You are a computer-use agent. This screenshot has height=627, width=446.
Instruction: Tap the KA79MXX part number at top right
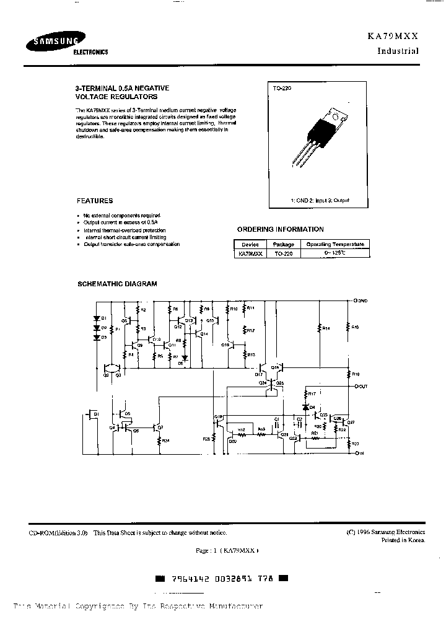coord(398,37)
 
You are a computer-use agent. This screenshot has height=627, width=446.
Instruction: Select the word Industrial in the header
coord(398,51)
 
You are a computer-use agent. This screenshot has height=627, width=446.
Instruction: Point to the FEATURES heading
coord(95,201)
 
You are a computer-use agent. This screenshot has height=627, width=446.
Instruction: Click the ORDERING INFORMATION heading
coord(281,229)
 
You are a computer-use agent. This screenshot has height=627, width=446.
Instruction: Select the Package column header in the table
coord(284,244)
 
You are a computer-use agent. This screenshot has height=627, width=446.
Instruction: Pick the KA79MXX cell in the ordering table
coord(250,253)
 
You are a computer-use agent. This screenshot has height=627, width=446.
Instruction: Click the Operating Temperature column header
coord(335,244)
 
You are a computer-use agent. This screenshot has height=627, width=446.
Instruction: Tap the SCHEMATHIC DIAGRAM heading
coord(116,284)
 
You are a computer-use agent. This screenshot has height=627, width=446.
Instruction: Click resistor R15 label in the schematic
coord(355,327)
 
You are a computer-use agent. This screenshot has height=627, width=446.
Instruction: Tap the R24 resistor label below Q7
coord(165,440)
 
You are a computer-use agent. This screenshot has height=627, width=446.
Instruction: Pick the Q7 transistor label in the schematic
coord(160,427)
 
